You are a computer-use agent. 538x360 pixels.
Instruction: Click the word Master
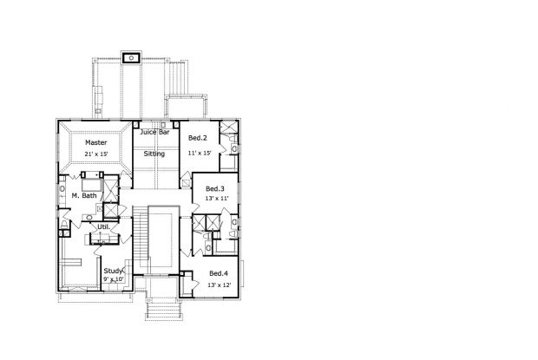(95, 142)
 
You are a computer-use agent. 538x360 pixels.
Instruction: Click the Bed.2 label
(198, 138)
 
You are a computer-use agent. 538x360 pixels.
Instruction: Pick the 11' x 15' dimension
(200, 154)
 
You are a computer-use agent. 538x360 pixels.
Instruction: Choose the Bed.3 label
(215, 188)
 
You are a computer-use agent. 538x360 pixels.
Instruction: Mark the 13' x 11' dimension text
(215, 200)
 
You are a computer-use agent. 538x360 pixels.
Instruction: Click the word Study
(114, 270)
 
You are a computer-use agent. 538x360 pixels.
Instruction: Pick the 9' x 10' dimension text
(114, 279)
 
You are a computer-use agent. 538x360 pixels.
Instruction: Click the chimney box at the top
(132, 59)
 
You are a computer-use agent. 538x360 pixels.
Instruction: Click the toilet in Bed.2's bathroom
(235, 149)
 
